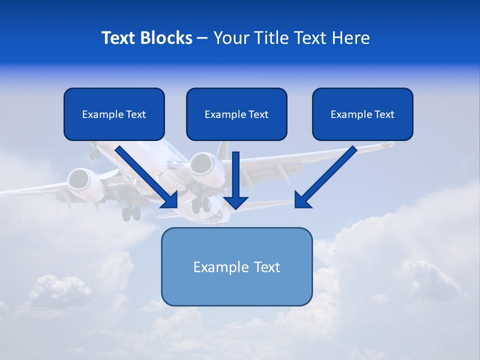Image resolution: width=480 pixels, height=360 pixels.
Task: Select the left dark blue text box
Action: coord(114,114)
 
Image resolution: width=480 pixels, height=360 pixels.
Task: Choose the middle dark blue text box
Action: coord(236,114)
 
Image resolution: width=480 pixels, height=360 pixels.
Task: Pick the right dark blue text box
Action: coord(362,114)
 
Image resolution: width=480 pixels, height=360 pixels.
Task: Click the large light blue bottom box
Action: coord(236,266)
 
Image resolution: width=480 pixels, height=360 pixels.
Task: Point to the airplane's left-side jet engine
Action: coord(79,179)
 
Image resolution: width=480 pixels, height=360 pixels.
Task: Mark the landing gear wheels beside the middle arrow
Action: coord(201,204)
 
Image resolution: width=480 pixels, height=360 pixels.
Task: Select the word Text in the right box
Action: coord(383,114)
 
